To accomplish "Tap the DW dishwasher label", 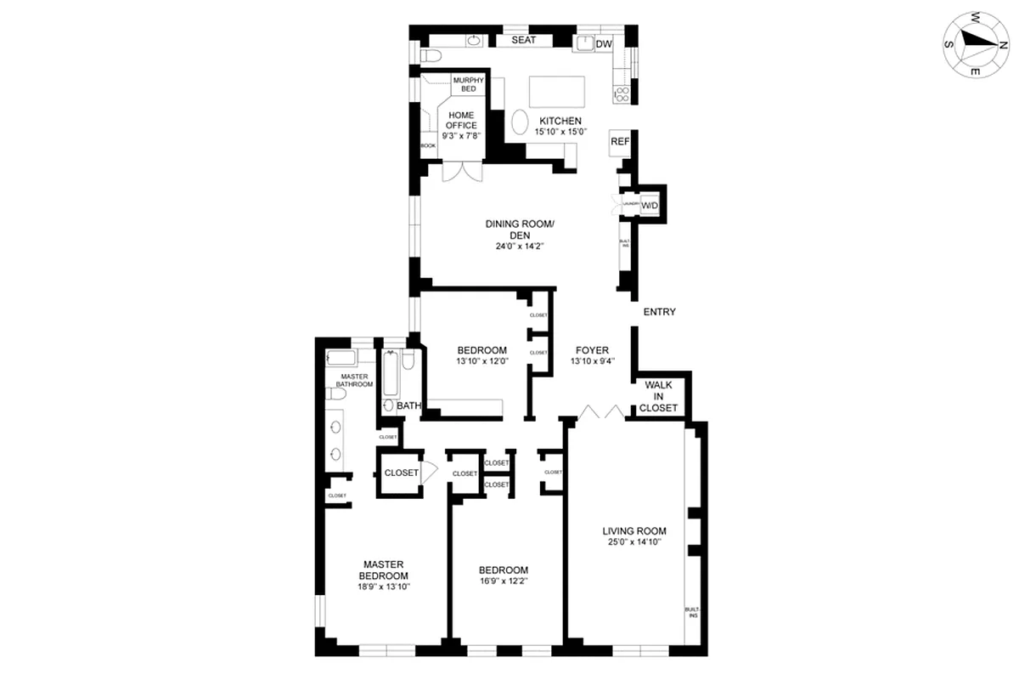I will tap(604, 43).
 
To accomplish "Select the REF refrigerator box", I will tap(620, 142).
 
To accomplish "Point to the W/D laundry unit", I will tap(650, 206).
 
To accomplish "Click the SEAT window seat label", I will tap(523, 40).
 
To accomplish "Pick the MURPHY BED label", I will tap(468, 83).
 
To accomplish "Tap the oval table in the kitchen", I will tap(520, 124).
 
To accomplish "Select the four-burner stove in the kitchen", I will tap(622, 94).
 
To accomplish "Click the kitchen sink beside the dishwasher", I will tap(584, 44).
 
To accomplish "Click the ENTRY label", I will tap(659, 312).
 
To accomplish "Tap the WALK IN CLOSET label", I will tap(659, 397).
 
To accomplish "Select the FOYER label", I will tap(592, 349).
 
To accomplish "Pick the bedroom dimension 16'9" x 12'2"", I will tap(503, 582).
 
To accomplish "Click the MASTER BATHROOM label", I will tap(357, 380).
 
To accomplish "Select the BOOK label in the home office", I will tap(428, 146).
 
